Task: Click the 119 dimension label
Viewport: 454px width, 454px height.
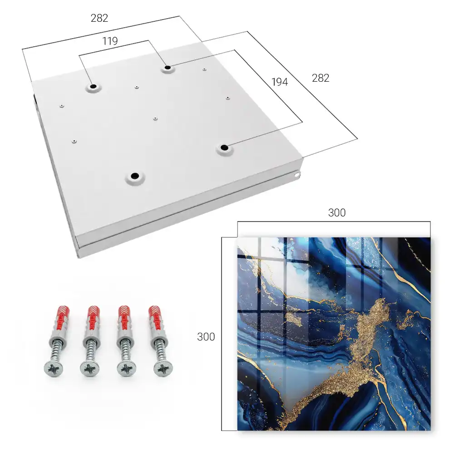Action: [x=110, y=41]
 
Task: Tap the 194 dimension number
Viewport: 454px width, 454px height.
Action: [x=280, y=82]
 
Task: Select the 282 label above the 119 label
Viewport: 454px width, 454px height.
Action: [x=99, y=18]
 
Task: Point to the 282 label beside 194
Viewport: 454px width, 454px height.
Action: [x=321, y=78]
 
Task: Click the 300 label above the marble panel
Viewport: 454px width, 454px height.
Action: [x=337, y=213]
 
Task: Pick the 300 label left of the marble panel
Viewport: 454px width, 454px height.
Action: [x=206, y=337]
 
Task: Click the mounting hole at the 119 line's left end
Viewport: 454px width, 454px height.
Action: [x=93, y=87]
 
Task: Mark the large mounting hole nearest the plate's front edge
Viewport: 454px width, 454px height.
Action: [x=135, y=176]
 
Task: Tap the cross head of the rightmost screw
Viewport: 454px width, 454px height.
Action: [x=163, y=369]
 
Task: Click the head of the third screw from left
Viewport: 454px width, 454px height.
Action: [x=127, y=369]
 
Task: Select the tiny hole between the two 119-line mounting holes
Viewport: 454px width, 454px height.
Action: [x=137, y=87]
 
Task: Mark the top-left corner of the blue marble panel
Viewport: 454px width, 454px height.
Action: [x=238, y=238]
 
